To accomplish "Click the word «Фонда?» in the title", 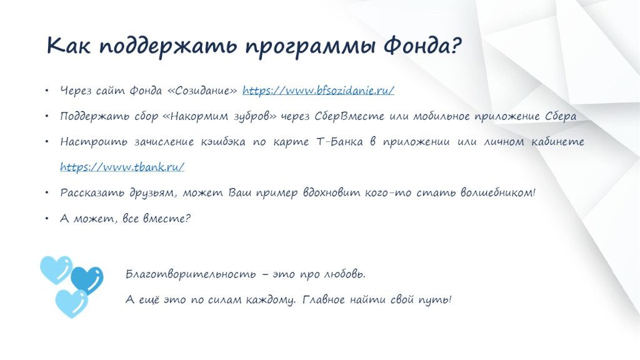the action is click(422, 45).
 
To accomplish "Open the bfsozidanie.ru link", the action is click(318, 90).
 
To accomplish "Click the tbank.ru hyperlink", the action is click(122, 167).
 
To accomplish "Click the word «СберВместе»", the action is click(349, 116).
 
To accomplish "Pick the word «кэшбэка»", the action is click(223, 142).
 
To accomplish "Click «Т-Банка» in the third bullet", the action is click(339, 142).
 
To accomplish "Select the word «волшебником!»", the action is click(498, 192).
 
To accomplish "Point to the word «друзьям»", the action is click(153, 192).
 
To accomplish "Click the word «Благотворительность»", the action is click(191, 274).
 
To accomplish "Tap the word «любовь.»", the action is click(345, 274).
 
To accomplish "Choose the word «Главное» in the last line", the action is click(323, 299).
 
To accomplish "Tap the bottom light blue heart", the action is click(72, 303).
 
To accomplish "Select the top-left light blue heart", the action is click(56, 270).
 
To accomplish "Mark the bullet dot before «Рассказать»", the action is click(47, 192).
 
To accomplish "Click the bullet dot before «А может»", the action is click(47, 218).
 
